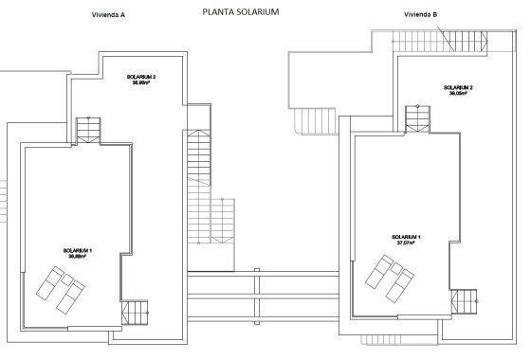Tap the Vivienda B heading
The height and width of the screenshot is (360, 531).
click(x=420, y=15)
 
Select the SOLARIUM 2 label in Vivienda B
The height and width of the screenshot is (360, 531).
click(x=458, y=87)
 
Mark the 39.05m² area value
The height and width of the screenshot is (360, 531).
click(x=458, y=94)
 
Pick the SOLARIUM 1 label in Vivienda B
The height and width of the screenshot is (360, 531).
click(x=405, y=235)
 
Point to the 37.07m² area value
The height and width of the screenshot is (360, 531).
click(x=405, y=242)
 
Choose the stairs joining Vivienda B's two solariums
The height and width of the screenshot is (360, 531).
click(x=418, y=117)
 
